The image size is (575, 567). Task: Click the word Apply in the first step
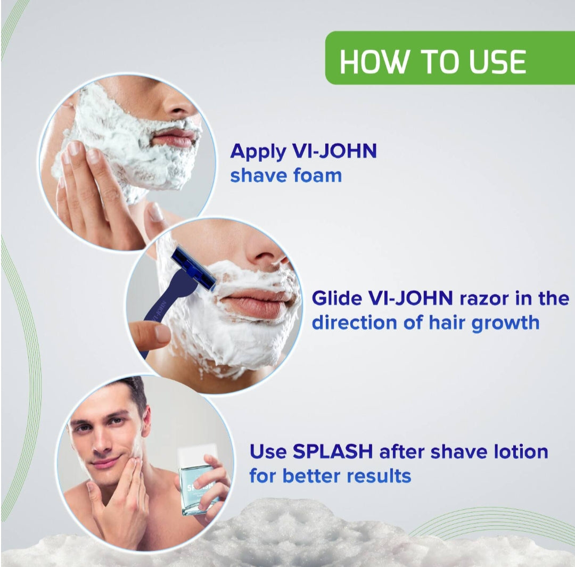[x=258, y=152]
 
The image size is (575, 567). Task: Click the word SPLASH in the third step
[x=333, y=451]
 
